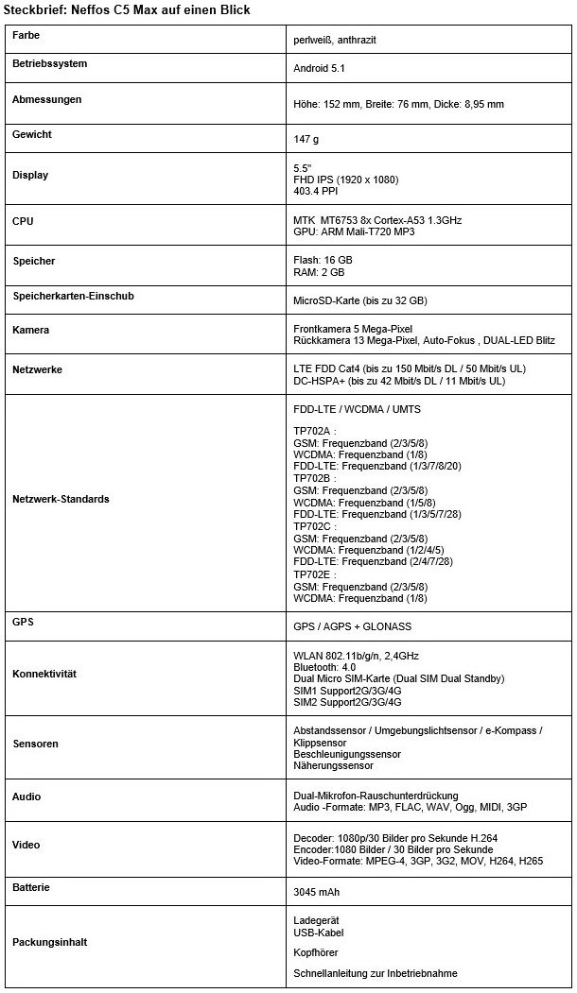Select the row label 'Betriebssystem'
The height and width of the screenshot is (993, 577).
(x=50, y=64)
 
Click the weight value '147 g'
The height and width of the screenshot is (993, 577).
(x=306, y=139)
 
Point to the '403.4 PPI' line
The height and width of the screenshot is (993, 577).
(x=316, y=191)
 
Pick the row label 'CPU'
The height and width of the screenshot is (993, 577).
(x=23, y=221)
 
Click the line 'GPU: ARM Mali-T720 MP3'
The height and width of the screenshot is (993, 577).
(x=355, y=231)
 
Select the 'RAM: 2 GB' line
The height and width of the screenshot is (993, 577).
(x=319, y=272)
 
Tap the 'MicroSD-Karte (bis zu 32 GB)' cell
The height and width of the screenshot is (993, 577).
(x=360, y=300)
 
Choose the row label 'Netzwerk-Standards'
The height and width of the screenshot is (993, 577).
(x=61, y=499)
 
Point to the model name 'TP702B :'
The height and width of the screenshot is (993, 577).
(x=315, y=479)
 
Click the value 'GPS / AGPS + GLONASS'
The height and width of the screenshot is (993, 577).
(x=353, y=626)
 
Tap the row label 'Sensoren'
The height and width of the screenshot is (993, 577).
(x=35, y=744)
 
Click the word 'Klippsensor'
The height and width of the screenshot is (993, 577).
(x=321, y=743)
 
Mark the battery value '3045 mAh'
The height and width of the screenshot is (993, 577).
(x=317, y=892)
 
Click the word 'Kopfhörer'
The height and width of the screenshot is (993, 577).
(x=316, y=952)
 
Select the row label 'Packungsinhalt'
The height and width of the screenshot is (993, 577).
(x=50, y=942)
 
